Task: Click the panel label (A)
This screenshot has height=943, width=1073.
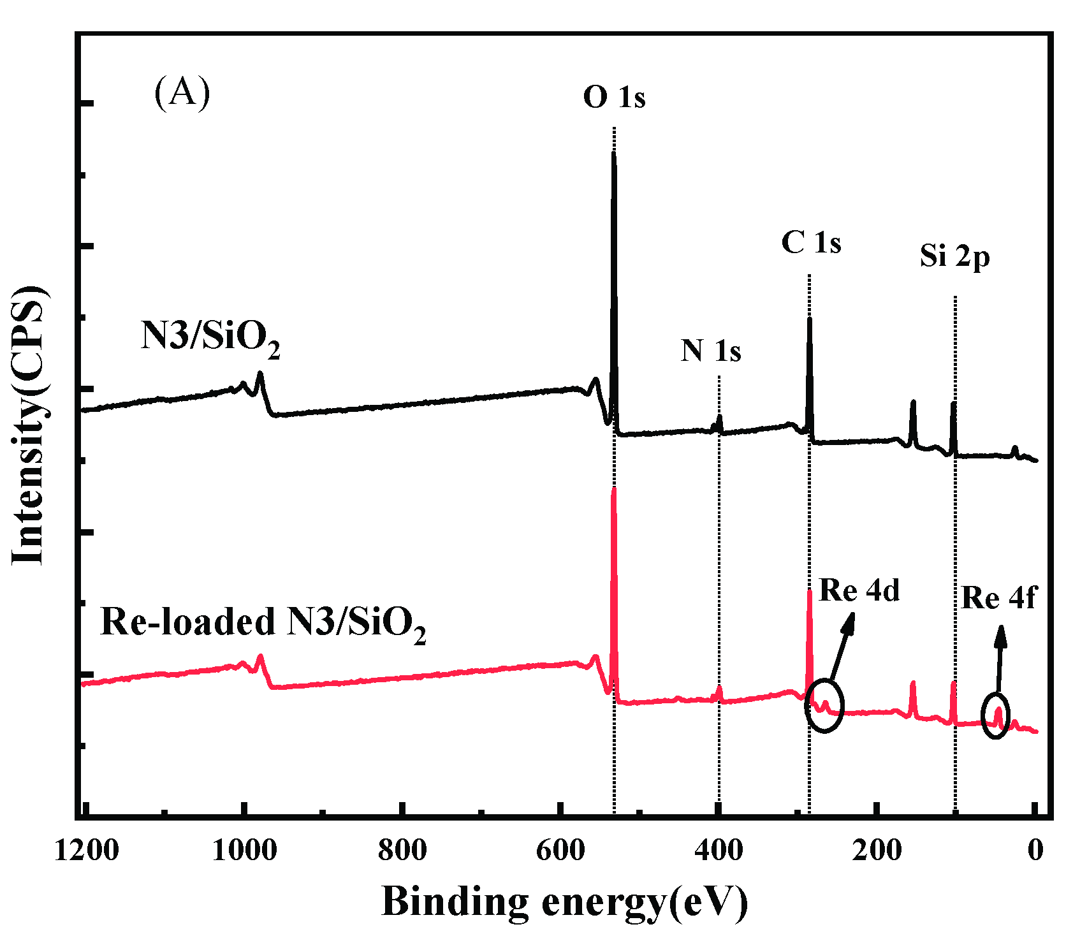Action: [x=182, y=94]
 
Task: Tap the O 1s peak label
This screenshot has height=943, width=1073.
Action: [x=614, y=98]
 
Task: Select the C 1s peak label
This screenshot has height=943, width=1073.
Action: [x=811, y=243]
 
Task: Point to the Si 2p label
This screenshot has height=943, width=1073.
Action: [x=954, y=256]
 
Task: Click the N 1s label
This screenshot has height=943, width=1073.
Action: [x=710, y=351]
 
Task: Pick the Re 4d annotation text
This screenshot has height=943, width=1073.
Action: [x=859, y=590]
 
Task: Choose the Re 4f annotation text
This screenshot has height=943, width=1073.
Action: [x=998, y=598]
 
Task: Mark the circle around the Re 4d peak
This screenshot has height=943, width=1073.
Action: [x=824, y=706]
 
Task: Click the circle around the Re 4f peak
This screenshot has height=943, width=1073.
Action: [x=995, y=715]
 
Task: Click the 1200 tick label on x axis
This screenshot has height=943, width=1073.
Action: [x=87, y=851]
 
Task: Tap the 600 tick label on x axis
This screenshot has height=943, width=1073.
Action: [x=560, y=851]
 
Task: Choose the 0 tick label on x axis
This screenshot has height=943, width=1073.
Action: [x=1036, y=851]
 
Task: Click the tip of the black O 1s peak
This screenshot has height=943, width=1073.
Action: [x=613, y=154]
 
